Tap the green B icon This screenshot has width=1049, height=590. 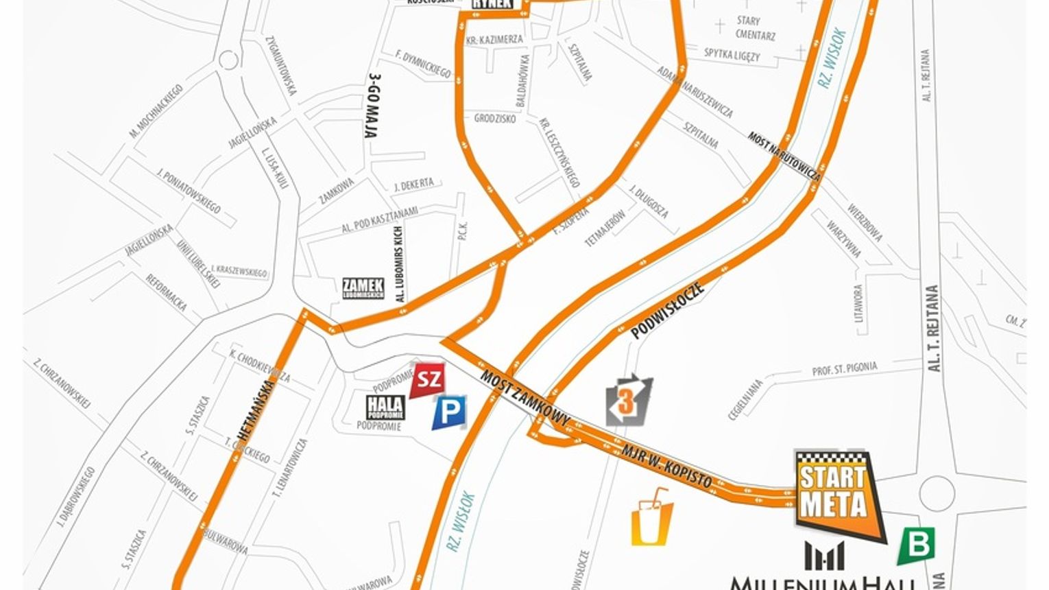tap(916, 545)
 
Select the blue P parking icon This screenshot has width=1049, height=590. tap(450, 412)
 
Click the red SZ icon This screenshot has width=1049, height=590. tap(428, 380)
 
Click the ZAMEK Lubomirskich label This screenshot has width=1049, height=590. tap(363, 288)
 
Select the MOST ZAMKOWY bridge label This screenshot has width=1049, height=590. tap(525, 399)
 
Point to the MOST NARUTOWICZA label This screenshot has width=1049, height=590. tap(784, 156)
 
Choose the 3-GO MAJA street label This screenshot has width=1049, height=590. tap(374, 106)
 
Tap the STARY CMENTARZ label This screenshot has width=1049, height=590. tap(755, 28)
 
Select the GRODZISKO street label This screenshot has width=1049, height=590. tap(495, 119)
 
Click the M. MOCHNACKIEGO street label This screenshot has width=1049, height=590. tap(156, 110)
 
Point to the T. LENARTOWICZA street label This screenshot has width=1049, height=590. tap(291, 468)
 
